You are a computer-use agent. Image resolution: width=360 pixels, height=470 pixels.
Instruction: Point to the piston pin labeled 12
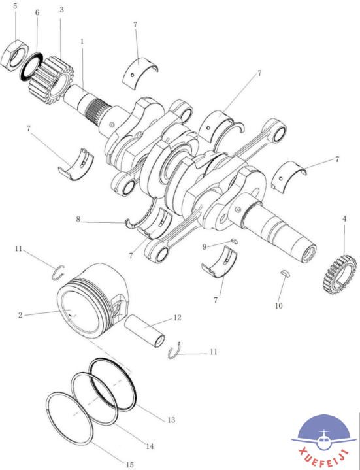(144, 332)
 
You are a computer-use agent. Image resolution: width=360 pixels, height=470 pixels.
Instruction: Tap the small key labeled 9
(235, 241)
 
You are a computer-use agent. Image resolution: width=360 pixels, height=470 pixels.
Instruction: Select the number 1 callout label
(82, 41)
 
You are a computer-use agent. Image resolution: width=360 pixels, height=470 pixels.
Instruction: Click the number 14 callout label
(150, 446)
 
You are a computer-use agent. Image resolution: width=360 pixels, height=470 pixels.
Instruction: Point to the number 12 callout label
(177, 318)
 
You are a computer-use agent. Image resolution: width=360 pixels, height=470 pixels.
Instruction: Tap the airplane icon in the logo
(323, 438)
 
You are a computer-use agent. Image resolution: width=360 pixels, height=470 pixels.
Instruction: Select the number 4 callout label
(345, 219)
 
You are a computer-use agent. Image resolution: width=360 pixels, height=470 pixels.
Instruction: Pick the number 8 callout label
(78, 220)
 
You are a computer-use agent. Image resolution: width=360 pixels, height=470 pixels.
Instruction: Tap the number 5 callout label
(15, 7)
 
